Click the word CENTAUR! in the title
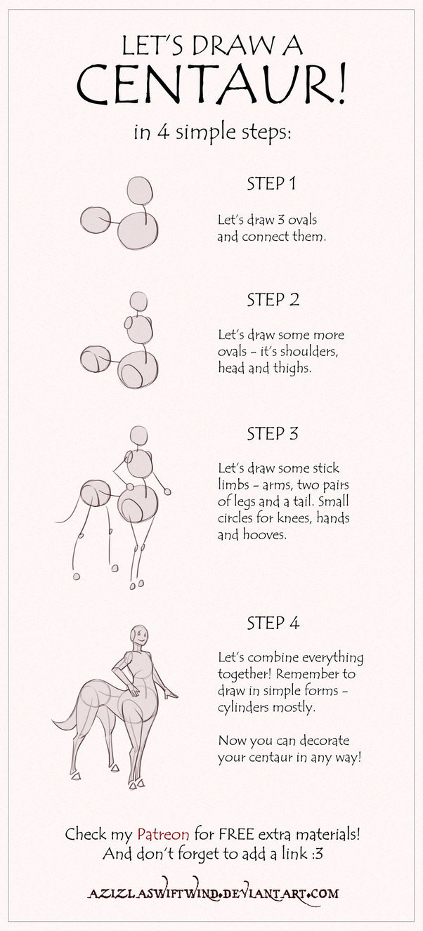211,84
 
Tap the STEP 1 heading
272,184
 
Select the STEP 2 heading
273,300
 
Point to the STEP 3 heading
273,433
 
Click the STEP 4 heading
273,623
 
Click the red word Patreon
163,834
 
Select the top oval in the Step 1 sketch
140,190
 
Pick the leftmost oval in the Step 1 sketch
96,219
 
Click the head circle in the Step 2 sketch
138,301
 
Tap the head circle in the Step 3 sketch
139,435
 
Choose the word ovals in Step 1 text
302,220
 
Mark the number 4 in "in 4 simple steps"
162,133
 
